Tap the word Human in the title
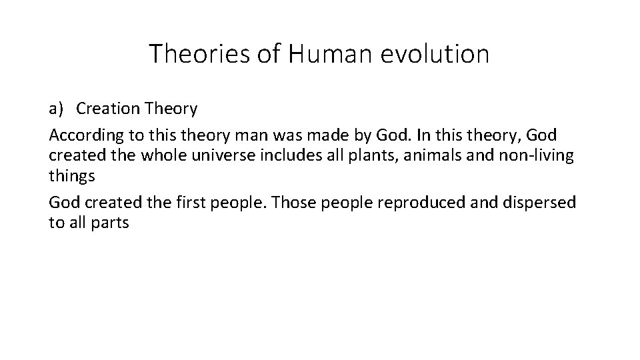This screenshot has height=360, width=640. (329, 54)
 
